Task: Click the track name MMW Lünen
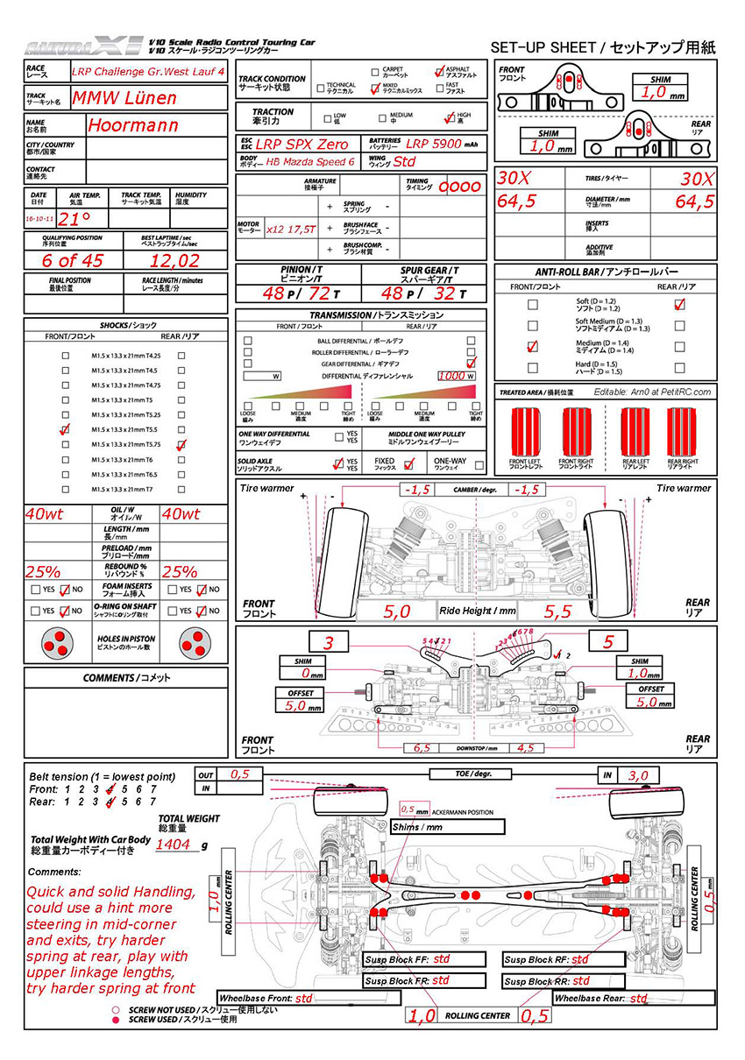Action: [124, 98]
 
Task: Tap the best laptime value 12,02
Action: [174, 260]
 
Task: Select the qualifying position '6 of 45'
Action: [73, 260]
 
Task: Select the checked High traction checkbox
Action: [451, 116]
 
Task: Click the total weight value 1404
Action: [173, 844]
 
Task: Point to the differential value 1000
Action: [451, 376]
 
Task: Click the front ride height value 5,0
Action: [397, 612]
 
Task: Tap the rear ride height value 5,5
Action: [557, 612]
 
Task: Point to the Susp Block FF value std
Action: [442, 959]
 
